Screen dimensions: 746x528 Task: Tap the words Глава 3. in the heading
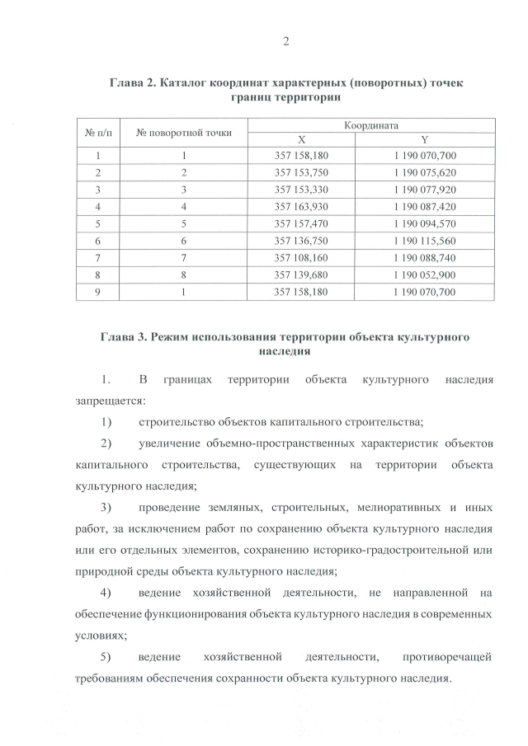125,338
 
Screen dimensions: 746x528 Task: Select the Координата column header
371,125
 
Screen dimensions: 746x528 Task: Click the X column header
300,139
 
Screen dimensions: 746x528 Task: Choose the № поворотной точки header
184,132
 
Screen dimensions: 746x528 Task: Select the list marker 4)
106,593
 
